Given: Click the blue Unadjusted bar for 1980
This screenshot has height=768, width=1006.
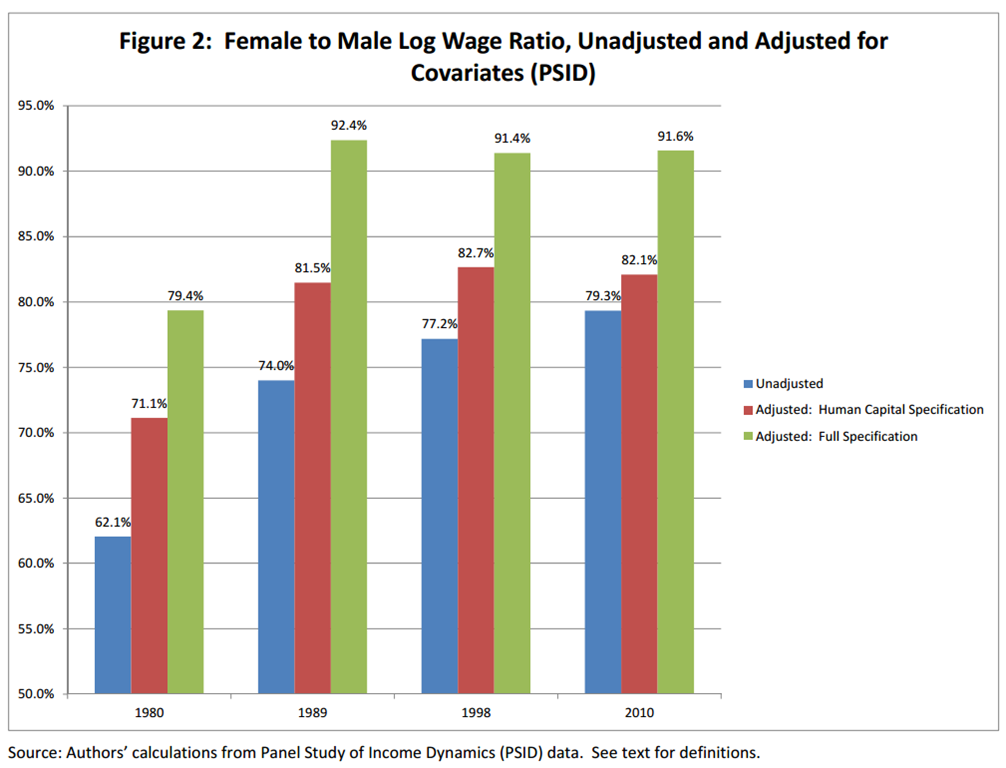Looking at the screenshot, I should coord(113,615).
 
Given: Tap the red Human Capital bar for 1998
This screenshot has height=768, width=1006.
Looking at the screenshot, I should coord(476,480).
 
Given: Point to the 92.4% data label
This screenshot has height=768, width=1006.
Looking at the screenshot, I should coord(349,126).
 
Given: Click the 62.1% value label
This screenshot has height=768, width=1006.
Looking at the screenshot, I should coord(113,522).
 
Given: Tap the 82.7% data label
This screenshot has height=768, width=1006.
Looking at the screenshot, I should coord(476,253).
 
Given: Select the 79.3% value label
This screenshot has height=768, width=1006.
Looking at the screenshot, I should coord(603,296).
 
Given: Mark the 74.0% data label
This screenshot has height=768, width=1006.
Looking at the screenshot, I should coord(276,366).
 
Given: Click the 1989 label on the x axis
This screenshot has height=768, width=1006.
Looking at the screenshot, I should coord(313,715).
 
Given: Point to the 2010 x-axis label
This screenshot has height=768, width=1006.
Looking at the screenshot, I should coord(640,715).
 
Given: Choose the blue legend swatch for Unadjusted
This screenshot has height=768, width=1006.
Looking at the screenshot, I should coord(748,383).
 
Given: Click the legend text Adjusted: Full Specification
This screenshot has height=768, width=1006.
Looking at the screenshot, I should coord(836,436).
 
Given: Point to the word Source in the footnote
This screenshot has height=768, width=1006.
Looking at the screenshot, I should coord(32,751).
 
